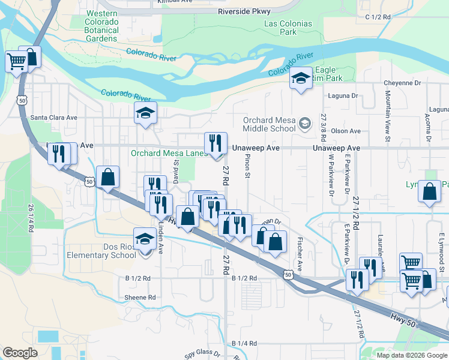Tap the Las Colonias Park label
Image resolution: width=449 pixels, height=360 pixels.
click(x=288, y=28)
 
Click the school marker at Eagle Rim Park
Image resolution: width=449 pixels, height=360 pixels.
click(x=301, y=79)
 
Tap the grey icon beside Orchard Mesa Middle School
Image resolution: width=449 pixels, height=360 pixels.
click(x=305, y=124)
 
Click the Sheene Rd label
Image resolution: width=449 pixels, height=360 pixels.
click(x=140, y=297)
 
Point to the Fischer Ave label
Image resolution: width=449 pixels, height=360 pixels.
click(x=299, y=251)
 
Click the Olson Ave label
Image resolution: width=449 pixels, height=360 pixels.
click(x=350, y=131)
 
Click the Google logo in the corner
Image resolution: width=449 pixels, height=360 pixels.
click(x=20, y=353)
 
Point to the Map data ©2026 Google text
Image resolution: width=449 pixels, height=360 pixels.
click(x=412, y=355)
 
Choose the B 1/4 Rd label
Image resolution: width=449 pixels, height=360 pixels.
click(x=245, y=343)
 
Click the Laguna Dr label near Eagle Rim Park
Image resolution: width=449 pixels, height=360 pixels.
click(x=342, y=95)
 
